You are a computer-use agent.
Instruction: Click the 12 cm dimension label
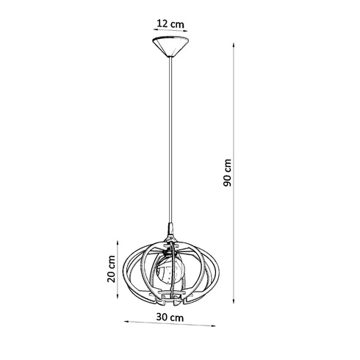click(x=171, y=23)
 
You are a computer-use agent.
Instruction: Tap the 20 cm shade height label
click(x=110, y=270)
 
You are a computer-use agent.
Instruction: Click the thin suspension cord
click(x=171, y=140)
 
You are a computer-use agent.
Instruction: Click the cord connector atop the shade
click(x=171, y=231)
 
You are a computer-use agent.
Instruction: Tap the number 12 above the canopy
click(x=165, y=23)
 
